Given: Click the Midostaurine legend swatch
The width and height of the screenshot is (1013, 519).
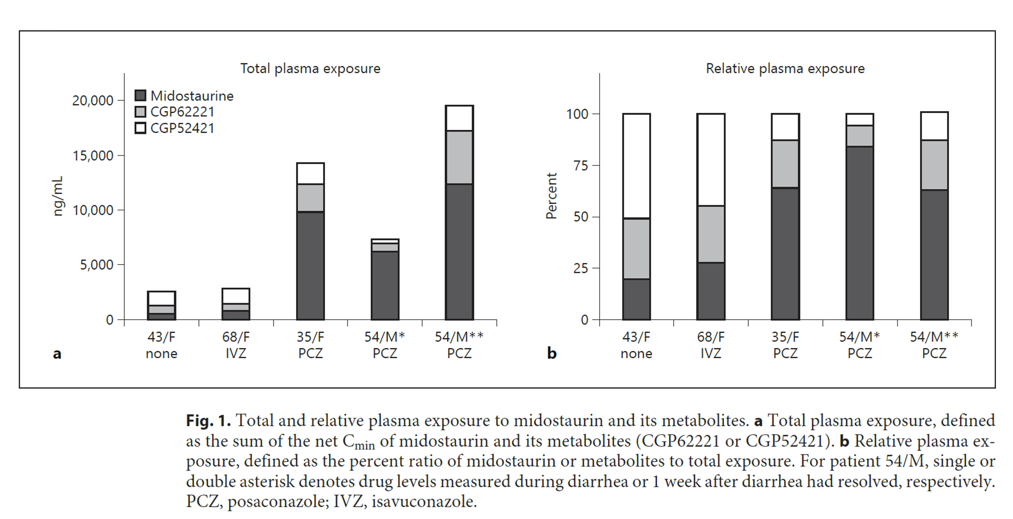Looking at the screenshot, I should click(x=140, y=95).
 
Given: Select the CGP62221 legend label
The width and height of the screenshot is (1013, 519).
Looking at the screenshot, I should click(x=182, y=112).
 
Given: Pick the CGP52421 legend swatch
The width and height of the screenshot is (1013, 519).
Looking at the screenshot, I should click(x=140, y=128).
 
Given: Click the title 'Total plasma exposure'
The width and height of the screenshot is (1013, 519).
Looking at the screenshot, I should click(x=310, y=69).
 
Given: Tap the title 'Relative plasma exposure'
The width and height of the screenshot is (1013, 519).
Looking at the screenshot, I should click(x=785, y=69).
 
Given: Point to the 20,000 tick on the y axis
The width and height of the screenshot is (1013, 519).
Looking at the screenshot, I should click(x=93, y=101).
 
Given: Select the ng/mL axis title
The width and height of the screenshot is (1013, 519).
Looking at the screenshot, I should click(x=58, y=196).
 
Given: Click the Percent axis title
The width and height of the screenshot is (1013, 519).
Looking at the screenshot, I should click(x=552, y=196).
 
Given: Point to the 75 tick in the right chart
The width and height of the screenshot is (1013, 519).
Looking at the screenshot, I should click(x=580, y=165).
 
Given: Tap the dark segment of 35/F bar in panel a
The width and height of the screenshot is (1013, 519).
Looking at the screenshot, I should click(x=310, y=266).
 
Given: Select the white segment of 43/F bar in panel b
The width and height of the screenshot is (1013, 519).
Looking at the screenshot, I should click(x=636, y=166).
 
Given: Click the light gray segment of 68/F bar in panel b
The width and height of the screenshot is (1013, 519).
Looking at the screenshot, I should click(x=711, y=234).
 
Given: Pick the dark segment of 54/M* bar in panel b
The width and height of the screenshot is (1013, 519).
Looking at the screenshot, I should click(x=859, y=233).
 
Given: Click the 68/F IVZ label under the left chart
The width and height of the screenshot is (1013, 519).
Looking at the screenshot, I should click(x=236, y=345).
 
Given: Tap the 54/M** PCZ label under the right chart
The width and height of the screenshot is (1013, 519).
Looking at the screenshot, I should click(x=934, y=345).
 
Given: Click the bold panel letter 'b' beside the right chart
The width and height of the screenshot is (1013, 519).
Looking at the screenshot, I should click(x=552, y=354).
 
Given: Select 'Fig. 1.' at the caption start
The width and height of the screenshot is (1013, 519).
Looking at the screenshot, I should click(x=208, y=421).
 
